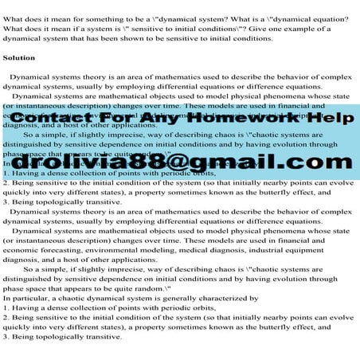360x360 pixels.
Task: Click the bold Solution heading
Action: click(19, 58)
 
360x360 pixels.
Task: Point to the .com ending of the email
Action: click(307, 163)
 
